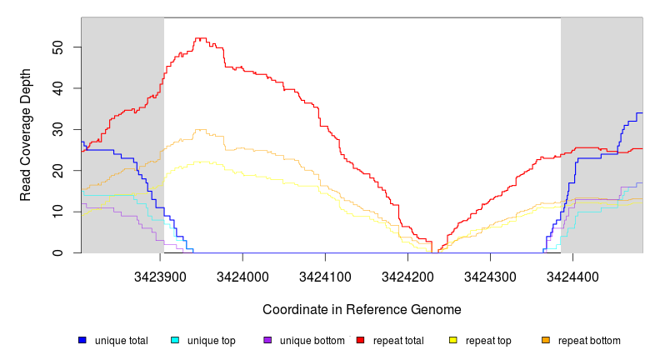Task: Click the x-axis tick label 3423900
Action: pyautogui.click(x=160, y=276)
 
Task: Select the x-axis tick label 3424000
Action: pyautogui.click(x=242, y=276)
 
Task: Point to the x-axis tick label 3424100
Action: pyautogui.click(x=325, y=276)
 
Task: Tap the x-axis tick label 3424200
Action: pyautogui.click(x=407, y=276)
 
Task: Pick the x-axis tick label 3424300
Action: pyautogui.click(x=490, y=276)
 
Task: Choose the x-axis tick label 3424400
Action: pyautogui.click(x=572, y=276)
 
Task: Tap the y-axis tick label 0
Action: pyautogui.click(x=66, y=253)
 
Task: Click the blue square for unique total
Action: pyautogui.click(x=82, y=341)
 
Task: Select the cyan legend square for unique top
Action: pyautogui.click(x=175, y=341)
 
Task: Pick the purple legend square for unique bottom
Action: pyautogui.click(x=267, y=341)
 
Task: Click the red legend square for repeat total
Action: pyautogui.click(x=360, y=341)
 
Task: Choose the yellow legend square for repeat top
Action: pyautogui.click(x=453, y=341)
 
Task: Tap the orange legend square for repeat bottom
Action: pyautogui.click(x=546, y=341)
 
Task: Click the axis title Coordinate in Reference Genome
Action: pyautogui.click(x=362, y=309)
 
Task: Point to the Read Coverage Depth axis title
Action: pyautogui.click(x=27, y=135)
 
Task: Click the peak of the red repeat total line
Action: pyautogui.click(x=200, y=38)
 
